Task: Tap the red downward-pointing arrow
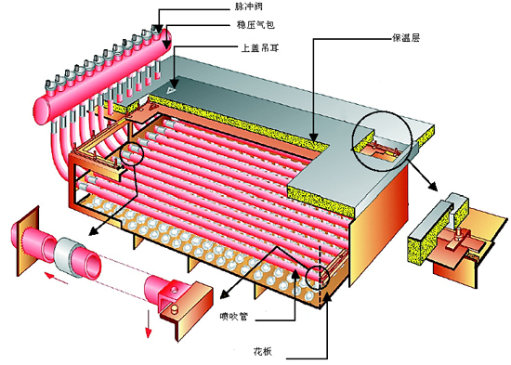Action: click(147, 328)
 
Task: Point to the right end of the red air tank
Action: click(174, 39)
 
